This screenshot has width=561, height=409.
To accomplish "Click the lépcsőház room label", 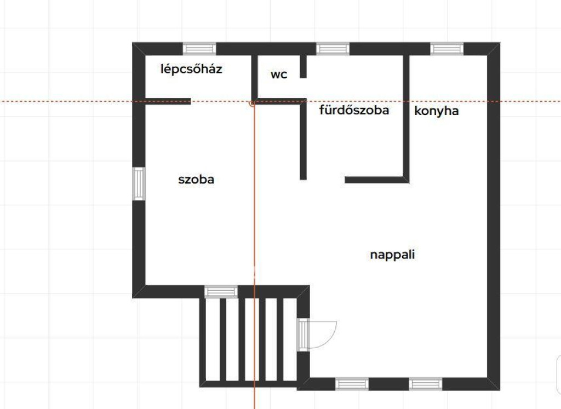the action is [x=191, y=69].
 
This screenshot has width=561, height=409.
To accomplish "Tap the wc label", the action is [x=279, y=74].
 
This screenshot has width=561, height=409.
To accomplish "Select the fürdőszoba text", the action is [x=354, y=110].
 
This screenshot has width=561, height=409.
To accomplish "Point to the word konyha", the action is [x=437, y=111].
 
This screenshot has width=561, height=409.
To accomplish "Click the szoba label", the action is [x=196, y=179].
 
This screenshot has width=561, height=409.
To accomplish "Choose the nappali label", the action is [x=392, y=255].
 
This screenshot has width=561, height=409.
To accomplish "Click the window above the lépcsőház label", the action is [x=199, y=49].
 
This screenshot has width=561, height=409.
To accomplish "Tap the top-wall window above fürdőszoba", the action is [x=333, y=49].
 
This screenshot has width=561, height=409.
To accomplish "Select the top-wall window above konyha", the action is [x=446, y=49].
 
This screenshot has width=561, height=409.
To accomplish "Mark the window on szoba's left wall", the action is [x=139, y=184].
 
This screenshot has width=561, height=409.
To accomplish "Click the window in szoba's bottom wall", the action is [x=221, y=291].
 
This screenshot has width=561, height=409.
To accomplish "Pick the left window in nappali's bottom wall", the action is [x=352, y=384].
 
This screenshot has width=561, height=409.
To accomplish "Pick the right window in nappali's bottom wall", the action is [x=425, y=384].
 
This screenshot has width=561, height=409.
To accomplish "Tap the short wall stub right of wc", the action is [x=303, y=66].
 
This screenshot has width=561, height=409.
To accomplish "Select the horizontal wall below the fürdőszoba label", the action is [x=377, y=180].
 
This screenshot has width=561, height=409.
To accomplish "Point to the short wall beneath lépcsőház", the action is [x=168, y=101].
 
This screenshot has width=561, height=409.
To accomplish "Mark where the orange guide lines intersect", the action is [x=254, y=101].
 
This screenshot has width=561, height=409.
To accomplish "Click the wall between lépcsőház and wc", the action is [x=254, y=78].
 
